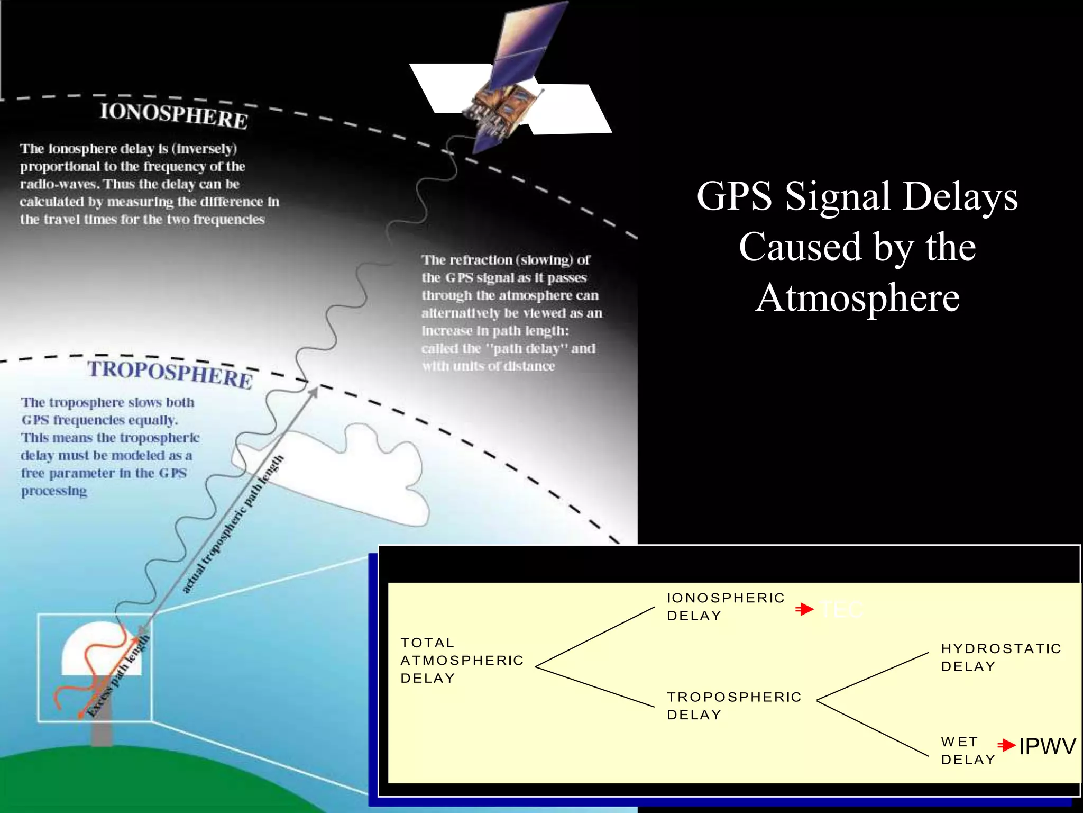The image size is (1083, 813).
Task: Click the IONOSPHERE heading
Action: (x=174, y=115)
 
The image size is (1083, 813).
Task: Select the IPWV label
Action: (x=1047, y=746)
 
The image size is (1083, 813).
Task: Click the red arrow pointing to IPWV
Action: (x=1006, y=746)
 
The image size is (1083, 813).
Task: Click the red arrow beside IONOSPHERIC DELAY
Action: (x=804, y=609)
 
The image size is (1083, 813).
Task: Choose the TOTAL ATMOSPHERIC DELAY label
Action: (x=461, y=660)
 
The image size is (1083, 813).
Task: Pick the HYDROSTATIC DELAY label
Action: (x=1001, y=657)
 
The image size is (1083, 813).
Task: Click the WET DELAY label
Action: (x=967, y=751)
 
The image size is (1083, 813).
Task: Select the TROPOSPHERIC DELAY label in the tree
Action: (x=733, y=706)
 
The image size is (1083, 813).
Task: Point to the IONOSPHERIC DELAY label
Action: (x=725, y=607)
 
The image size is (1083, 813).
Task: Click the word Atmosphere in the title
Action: (x=857, y=297)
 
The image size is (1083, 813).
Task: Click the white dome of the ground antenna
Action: (x=100, y=651)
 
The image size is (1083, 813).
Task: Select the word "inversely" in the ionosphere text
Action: (x=207, y=149)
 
